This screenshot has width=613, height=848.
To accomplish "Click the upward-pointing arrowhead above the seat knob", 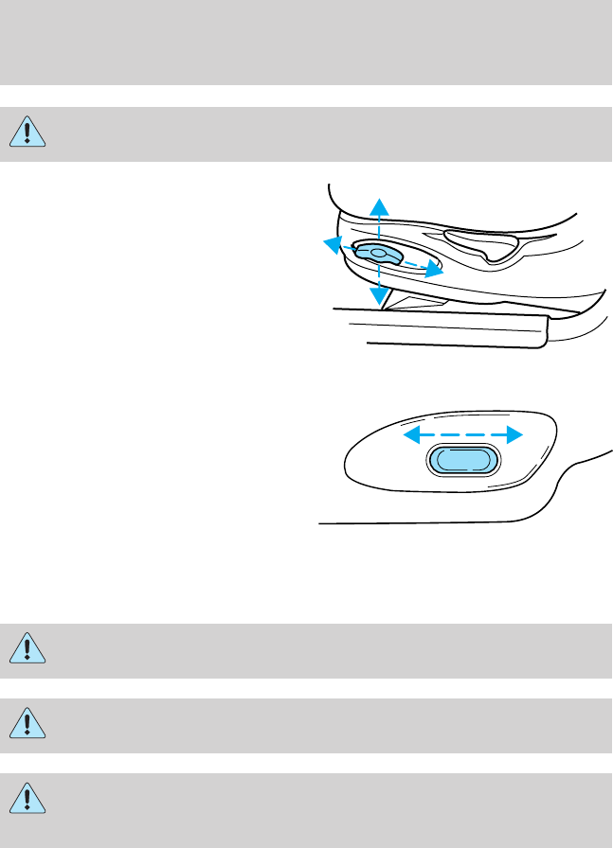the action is (379, 205).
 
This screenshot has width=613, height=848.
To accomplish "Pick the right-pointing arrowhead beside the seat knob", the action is (435, 272).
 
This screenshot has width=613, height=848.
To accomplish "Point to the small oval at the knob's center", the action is (378, 253).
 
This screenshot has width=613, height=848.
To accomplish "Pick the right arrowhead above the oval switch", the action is (514, 435).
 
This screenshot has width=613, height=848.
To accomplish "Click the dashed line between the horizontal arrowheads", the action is (463, 435).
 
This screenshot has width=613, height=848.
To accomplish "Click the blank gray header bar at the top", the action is (306, 43).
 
